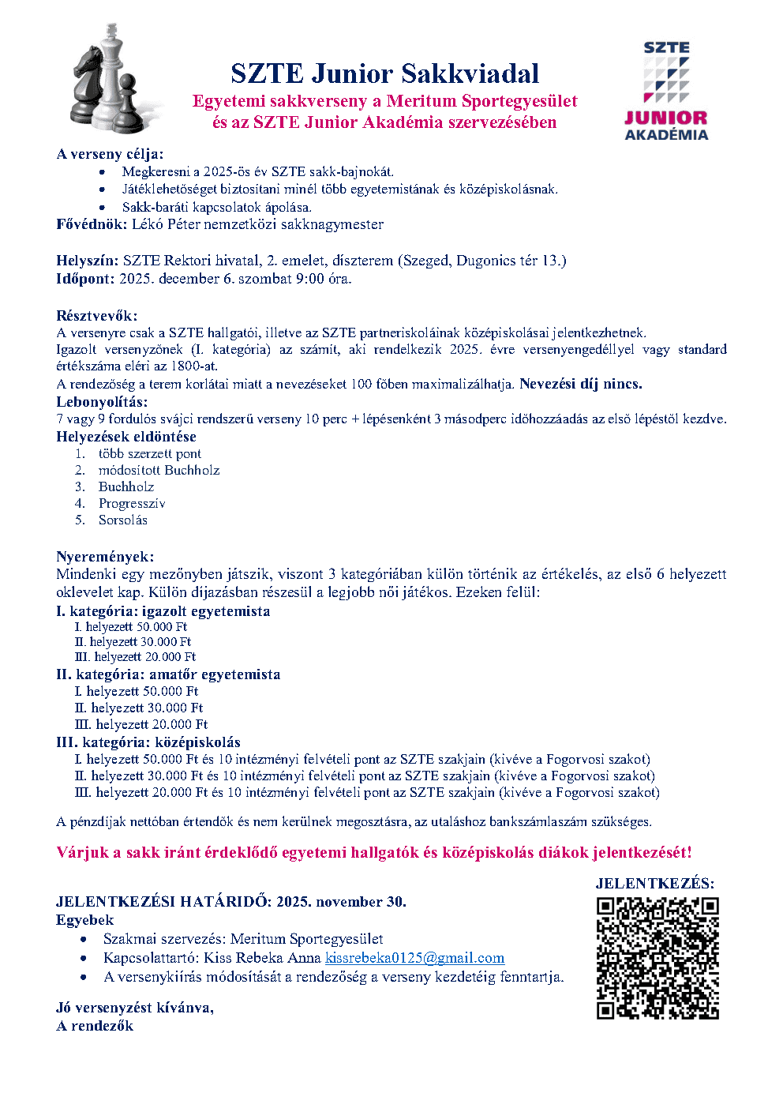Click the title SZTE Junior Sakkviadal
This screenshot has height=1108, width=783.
(384, 73)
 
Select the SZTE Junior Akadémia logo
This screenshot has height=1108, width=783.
(666, 91)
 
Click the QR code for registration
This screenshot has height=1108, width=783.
(657, 958)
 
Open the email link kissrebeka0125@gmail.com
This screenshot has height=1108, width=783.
(414, 958)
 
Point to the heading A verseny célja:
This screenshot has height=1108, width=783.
(110, 154)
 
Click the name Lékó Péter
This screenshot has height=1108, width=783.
(166, 224)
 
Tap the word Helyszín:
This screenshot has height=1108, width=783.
(88, 261)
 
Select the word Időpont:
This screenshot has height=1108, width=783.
(85, 279)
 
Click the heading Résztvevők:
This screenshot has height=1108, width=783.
(96, 316)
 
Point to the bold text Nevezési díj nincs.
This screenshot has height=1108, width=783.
(580, 384)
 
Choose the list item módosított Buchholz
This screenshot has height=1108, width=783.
(159, 470)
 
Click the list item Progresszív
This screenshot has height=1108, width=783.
(132, 503)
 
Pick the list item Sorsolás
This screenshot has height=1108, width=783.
(122, 520)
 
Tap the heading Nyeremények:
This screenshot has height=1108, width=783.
(105, 557)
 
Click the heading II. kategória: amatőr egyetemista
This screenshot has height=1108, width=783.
(168, 674)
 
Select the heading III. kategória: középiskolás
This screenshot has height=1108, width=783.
(148, 742)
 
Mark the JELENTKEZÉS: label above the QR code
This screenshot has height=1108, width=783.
(654, 884)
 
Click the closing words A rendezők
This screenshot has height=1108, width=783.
(95, 1026)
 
